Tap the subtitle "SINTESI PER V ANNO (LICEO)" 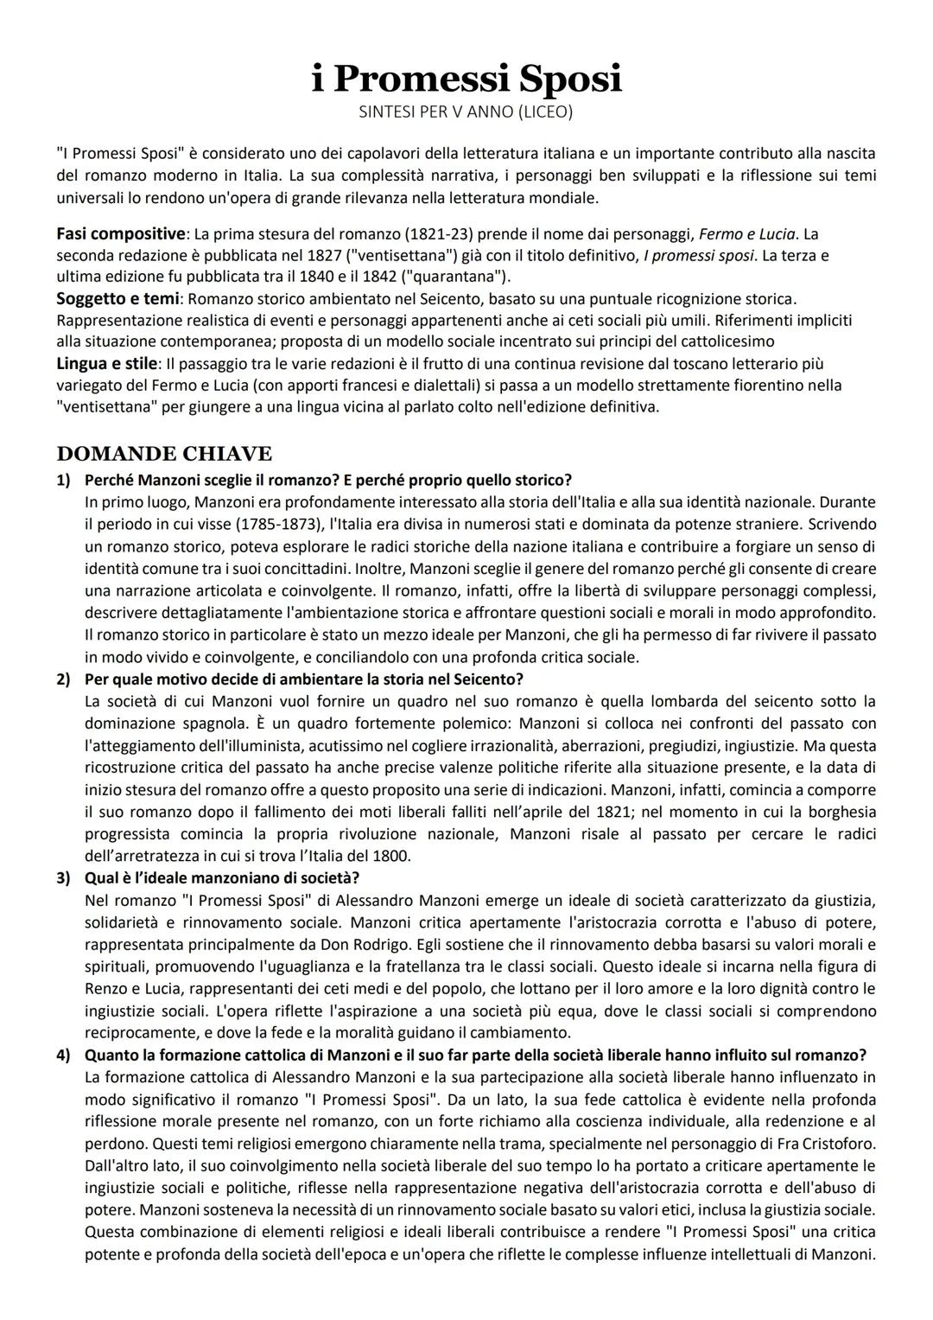pos(466,112)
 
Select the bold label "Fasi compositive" pos(120,234)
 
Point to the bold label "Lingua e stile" pos(107,363)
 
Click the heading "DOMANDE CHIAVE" pos(164,454)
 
